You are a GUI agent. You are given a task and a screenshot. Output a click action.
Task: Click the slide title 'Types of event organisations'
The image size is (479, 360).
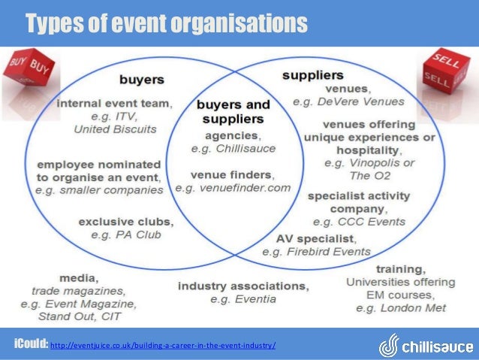click(167, 23)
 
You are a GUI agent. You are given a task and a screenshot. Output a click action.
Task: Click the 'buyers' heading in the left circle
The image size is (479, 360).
click(143, 78)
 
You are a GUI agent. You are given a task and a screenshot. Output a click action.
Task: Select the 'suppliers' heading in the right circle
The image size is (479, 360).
click(312, 75)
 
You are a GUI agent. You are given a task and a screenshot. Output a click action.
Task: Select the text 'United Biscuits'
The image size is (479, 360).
click(115, 129)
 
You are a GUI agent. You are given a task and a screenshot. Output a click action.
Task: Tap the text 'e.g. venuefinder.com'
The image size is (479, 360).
click(232, 187)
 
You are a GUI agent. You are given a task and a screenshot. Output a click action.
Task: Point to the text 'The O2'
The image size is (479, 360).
click(370, 175)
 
